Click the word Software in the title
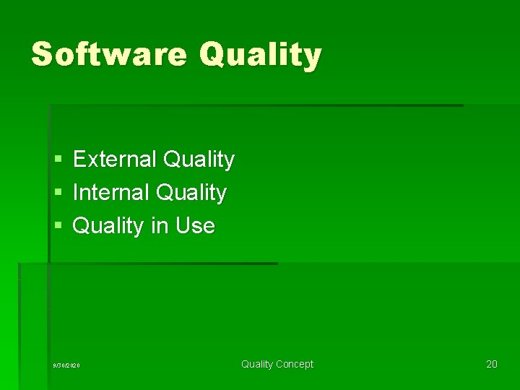tap(109, 54)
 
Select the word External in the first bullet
tap(116, 159)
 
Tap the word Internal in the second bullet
tap(111, 193)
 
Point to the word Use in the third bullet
tap(195, 226)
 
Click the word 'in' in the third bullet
tap(159, 226)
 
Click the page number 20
tap(491, 364)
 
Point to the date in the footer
tap(66, 365)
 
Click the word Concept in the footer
tap(295, 365)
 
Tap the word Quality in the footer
tap(257, 365)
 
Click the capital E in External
tap(79, 159)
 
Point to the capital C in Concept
tap(279, 365)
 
